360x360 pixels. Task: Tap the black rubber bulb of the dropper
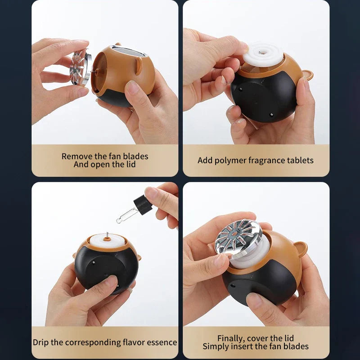[143, 205]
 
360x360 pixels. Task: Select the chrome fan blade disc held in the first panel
[79, 67]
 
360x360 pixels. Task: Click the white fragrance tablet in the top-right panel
[262, 54]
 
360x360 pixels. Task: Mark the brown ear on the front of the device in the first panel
[139, 66]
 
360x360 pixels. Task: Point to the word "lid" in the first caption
[130, 164]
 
